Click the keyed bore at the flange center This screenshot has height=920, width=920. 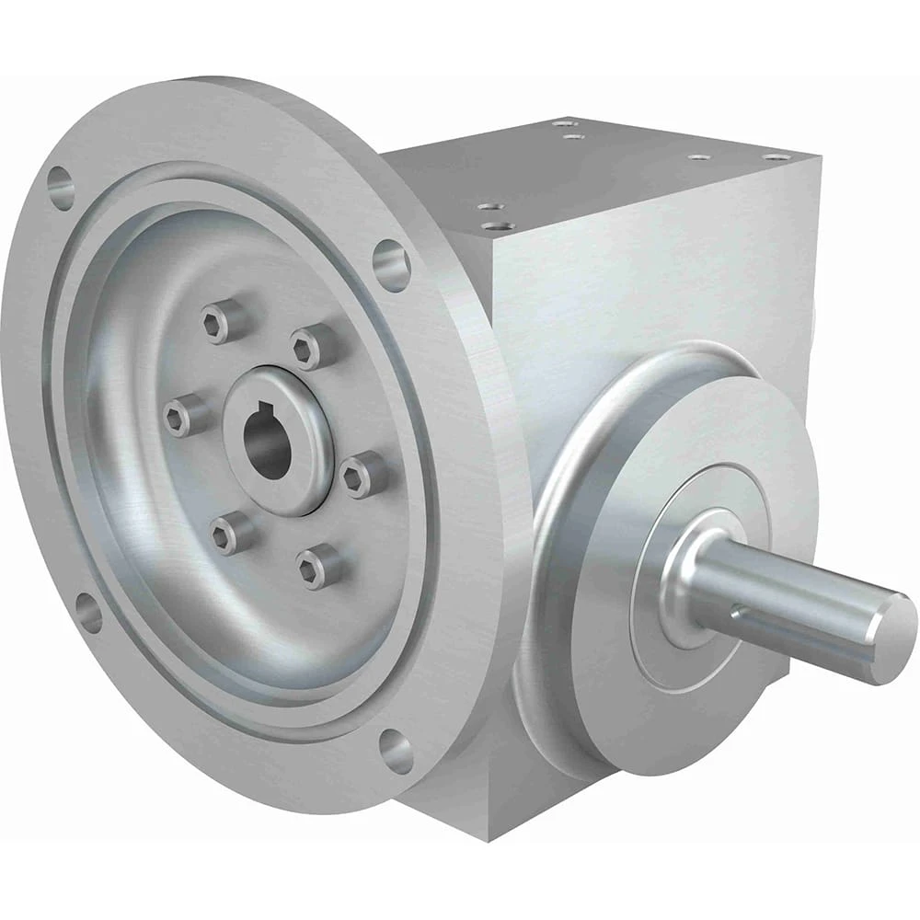point(268,445)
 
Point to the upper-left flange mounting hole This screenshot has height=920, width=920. point(60,188)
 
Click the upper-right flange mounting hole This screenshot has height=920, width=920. point(391,265)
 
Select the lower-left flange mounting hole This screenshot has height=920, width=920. point(88,613)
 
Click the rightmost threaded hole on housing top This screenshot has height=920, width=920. point(776,157)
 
